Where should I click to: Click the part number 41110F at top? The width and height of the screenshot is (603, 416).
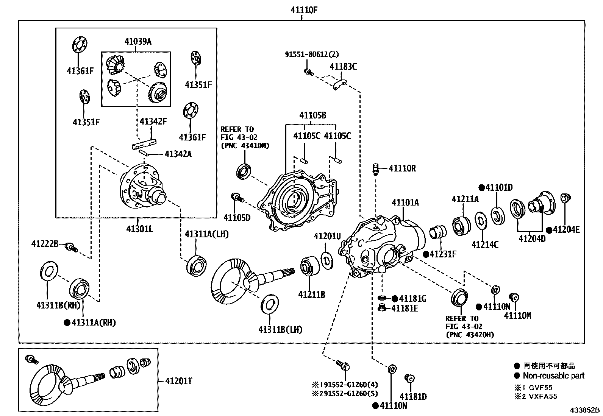(304, 10)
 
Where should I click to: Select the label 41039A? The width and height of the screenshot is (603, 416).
(138, 42)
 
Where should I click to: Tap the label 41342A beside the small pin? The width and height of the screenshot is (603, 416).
(178, 154)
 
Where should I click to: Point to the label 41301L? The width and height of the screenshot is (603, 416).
(140, 229)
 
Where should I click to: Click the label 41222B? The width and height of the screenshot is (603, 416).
(45, 244)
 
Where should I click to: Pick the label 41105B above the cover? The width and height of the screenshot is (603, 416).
(312, 115)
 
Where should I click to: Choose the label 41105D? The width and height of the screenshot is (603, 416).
(237, 218)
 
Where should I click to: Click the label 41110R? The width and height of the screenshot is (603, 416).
(402, 168)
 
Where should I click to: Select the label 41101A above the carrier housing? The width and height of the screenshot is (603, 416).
(405, 203)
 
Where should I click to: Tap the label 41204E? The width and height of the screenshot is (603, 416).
(566, 229)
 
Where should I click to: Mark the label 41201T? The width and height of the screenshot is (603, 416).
(178, 381)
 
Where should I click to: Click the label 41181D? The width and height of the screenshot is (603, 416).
(413, 397)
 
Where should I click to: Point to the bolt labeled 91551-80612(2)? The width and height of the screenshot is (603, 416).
(308, 72)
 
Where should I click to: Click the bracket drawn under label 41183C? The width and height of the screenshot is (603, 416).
(340, 85)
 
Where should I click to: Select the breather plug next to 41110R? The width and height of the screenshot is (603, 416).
(376, 169)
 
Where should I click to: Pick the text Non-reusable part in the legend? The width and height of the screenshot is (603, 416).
(553, 376)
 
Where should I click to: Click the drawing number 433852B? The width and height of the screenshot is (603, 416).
(586, 410)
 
